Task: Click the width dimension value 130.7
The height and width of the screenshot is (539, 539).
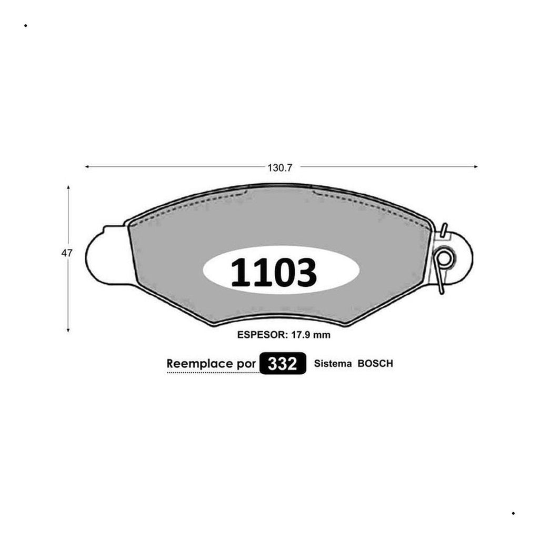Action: pos(280,168)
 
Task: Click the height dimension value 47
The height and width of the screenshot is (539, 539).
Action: pos(67,253)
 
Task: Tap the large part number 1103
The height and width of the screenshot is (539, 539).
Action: pos(274,272)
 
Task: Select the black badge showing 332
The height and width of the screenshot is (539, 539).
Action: pos(283,363)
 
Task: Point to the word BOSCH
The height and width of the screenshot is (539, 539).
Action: pos(375,364)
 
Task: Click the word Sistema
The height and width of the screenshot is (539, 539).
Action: pos(333,364)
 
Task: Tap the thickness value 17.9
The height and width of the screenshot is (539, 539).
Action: pos(301,335)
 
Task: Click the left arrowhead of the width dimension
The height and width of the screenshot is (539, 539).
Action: pos(87,167)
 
